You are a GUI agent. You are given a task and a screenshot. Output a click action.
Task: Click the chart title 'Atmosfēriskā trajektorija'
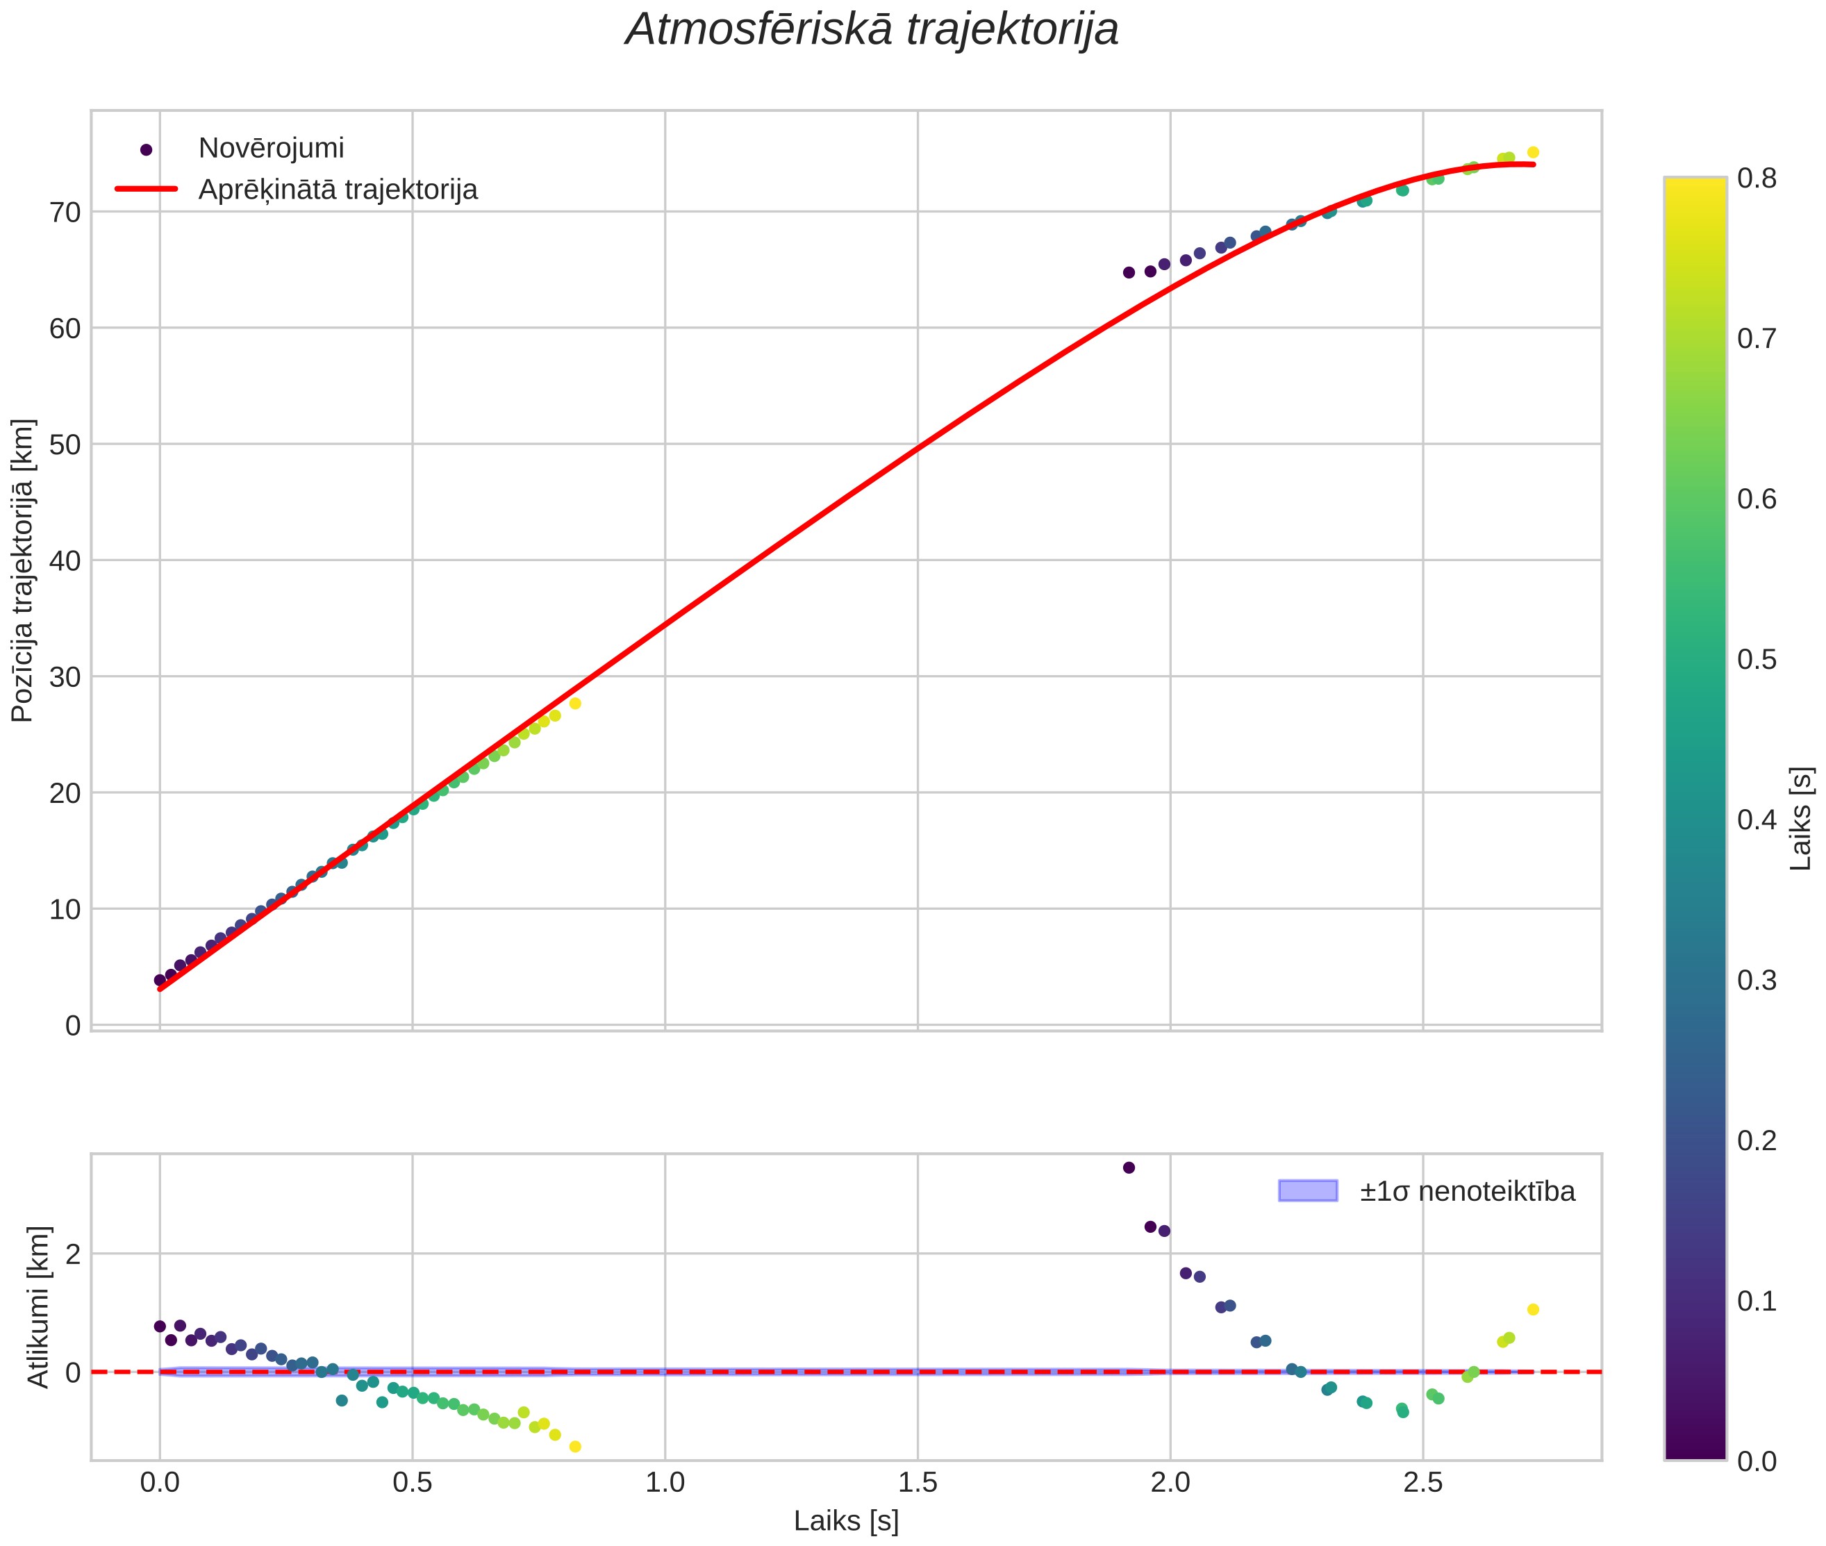pyautogui.click(x=872, y=30)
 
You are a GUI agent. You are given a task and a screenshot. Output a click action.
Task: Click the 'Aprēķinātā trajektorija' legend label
pyautogui.click(x=338, y=190)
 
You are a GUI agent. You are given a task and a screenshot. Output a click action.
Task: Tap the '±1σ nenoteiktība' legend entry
pyautogui.click(x=1467, y=1192)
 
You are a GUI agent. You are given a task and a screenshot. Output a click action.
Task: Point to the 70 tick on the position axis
pyautogui.click(x=64, y=212)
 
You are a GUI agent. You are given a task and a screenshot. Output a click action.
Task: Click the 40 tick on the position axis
pyautogui.click(x=64, y=561)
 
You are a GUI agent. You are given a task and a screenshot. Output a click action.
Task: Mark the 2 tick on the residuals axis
pyautogui.click(x=73, y=1254)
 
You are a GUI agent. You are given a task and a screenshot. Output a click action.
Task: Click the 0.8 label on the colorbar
pyautogui.click(x=1757, y=178)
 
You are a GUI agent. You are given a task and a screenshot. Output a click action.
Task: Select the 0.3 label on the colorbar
pyautogui.click(x=1757, y=980)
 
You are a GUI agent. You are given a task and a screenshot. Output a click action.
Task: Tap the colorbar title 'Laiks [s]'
pyautogui.click(x=1800, y=819)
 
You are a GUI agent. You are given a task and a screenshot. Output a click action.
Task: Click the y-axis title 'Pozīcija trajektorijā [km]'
pyautogui.click(x=23, y=571)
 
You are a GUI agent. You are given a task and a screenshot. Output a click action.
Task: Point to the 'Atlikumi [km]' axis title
pyautogui.click(x=39, y=1308)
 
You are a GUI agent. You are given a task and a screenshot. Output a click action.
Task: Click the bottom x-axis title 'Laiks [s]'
pyautogui.click(x=846, y=1522)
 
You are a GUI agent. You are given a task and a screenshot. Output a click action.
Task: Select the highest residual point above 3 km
pyautogui.click(x=1129, y=1167)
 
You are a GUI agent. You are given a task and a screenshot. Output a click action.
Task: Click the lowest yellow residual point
pyautogui.click(x=575, y=1447)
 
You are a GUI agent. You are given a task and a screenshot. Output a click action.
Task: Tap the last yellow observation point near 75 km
pyautogui.click(x=1533, y=153)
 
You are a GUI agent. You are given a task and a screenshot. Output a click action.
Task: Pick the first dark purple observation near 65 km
pyautogui.click(x=1129, y=272)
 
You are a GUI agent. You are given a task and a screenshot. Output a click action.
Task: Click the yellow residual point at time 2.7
pyautogui.click(x=1533, y=1309)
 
